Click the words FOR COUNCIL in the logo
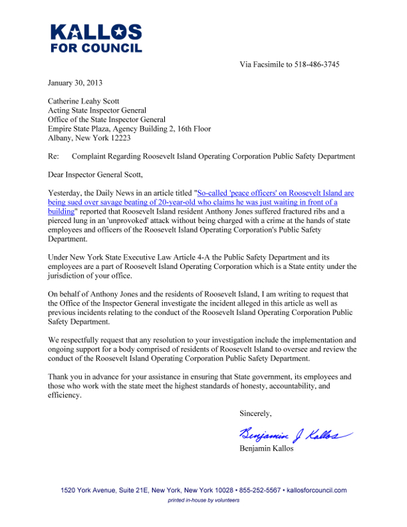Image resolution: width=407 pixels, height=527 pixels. (96, 49)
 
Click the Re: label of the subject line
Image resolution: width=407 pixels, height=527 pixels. (54, 156)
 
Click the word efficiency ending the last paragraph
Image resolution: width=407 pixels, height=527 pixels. (65, 395)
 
